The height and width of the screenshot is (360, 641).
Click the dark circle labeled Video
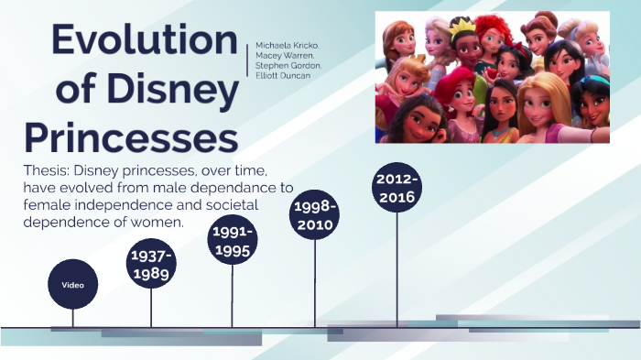tap(72, 285)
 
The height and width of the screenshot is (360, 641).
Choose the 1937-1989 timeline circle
tap(151, 264)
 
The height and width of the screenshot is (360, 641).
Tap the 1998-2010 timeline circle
tap(315, 215)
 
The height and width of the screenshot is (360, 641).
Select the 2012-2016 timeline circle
tap(397, 189)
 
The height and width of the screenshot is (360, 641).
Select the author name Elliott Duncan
tap(283, 76)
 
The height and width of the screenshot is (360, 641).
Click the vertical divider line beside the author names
tap(248, 60)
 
